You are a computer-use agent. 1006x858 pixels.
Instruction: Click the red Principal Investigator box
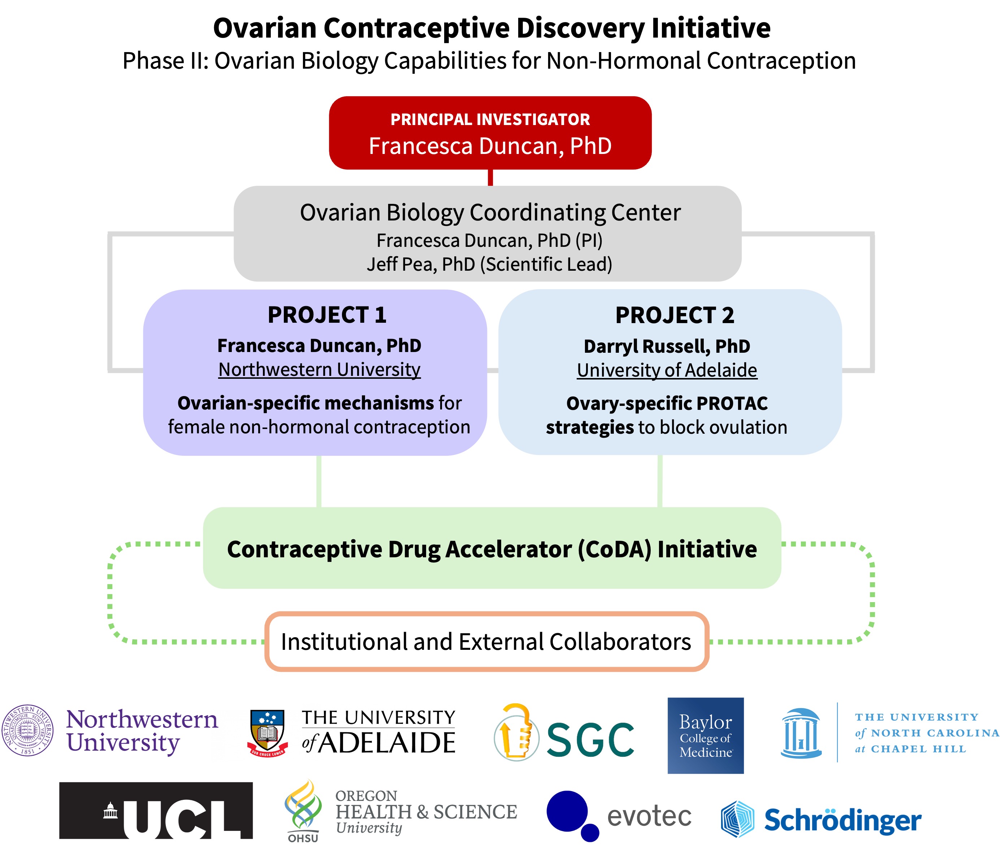(x=490, y=133)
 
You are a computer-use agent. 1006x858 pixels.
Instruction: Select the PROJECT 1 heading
(x=327, y=315)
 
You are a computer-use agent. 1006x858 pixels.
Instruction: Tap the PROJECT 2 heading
(x=675, y=315)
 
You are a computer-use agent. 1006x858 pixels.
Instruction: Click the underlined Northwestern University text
(x=319, y=370)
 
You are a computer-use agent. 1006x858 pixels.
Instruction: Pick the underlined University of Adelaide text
(x=667, y=370)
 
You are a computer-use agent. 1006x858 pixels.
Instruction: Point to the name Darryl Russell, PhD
(x=667, y=346)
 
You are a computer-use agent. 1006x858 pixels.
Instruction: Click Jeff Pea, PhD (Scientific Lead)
(x=489, y=264)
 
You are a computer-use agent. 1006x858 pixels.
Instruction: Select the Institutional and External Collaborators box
(x=486, y=641)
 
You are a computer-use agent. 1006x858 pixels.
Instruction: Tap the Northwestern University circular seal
(x=28, y=730)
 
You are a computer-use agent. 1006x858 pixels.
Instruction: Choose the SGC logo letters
(x=590, y=739)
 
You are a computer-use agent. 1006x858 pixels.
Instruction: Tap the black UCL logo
(x=156, y=810)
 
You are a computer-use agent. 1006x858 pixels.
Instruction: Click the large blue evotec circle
(x=567, y=810)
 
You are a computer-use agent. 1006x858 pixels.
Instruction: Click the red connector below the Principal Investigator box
(x=490, y=177)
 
